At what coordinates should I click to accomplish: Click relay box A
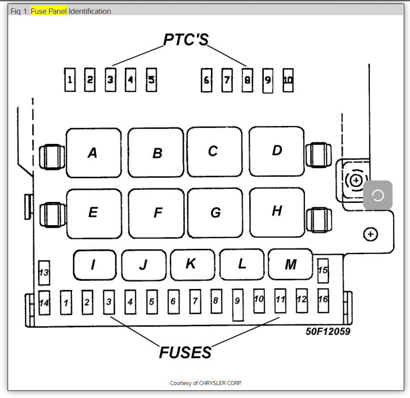[93, 153]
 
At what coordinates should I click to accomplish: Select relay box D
[277, 151]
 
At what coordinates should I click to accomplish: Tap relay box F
[157, 213]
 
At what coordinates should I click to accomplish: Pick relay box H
[277, 212]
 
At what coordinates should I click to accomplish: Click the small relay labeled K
[191, 264]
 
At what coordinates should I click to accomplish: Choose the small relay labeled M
[291, 264]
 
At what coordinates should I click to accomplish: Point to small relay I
[94, 265]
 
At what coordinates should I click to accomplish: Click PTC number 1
[70, 80]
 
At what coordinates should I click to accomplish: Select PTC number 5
[152, 80]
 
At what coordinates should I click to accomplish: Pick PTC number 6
[207, 80]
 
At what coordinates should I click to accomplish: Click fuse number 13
[44, 272]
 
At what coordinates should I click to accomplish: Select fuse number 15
[323, 271]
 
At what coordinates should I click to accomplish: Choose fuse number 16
[323, 299]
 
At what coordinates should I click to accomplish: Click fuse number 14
[44, 303]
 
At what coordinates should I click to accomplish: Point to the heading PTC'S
[186, 40]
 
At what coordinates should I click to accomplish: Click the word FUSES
[185, 352]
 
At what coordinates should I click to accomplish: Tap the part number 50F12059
[328, 331]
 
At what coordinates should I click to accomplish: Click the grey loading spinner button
[378, 195]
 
